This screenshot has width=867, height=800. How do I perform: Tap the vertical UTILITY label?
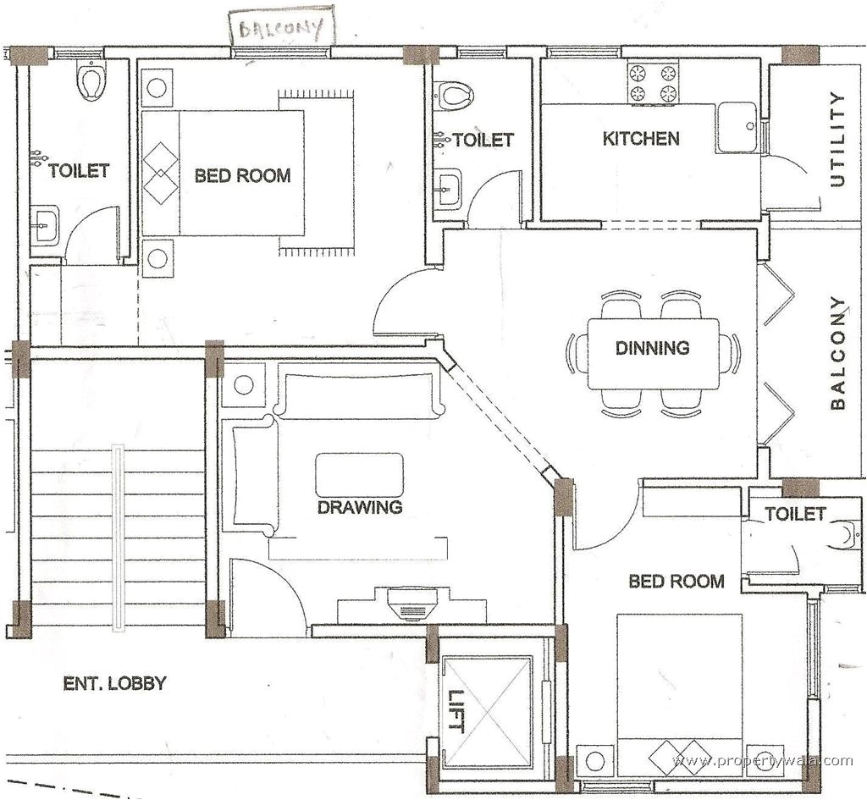coord(837,139)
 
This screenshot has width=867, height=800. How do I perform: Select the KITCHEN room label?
coord(640,139)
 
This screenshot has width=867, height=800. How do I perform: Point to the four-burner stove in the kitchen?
coord(652,83)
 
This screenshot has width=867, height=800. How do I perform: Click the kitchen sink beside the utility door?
coord(737,128)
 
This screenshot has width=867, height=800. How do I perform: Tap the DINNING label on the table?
coord(652,348)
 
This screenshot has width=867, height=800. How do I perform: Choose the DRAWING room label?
coord(359,508)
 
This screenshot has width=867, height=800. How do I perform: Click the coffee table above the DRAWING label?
coord(359,475)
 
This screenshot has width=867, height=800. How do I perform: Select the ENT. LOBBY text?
coord(114,683)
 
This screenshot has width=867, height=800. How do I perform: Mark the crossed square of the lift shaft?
coord(489,710)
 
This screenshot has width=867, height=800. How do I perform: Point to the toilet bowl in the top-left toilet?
coord(91,81)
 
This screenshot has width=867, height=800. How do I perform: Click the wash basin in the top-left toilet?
coord(46,225)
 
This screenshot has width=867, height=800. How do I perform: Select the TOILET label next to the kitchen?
coord(483,141)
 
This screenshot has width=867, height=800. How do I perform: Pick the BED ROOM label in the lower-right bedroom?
coord(676,582)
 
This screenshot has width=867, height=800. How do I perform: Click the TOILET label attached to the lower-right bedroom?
coord(794,514)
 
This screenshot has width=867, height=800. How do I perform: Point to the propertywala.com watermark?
coord(762,760)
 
